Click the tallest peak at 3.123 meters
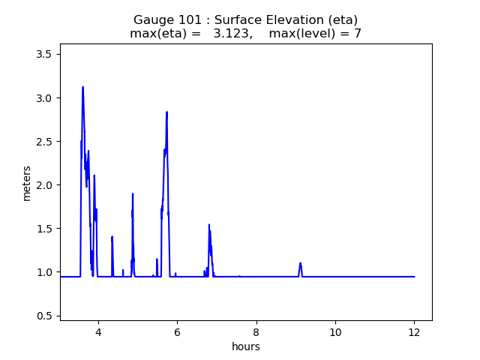tap(82, 87)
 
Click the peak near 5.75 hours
tap(166, 112)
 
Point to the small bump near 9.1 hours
tap(300, 263)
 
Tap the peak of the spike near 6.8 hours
tap(209, 224)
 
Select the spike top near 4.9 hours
tap(133, 193)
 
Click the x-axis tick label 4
tap(97, 332)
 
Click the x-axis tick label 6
tap(177, 332)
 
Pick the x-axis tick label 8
tap(256, 332)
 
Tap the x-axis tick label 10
tap(335, 332)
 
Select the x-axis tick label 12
tap(414, 332)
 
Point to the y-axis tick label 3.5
tap(44, 54)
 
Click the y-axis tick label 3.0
tap(44, 98)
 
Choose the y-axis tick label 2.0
tap(44, 185)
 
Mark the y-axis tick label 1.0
tap(44, 272)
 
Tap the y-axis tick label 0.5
tap(44, 316)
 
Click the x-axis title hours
tap(246, 346)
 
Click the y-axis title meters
tap(27, 182)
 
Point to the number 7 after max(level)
tap(358, 34)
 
